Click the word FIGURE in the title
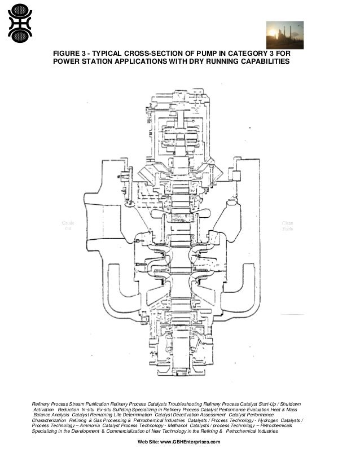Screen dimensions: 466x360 [x=67, y=52]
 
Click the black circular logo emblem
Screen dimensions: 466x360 [x=20, y=22]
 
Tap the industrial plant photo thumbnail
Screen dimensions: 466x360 [x=284, y=35]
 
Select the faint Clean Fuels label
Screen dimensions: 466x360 [x=287, y=225]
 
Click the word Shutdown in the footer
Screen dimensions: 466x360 [x=288, y=404]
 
